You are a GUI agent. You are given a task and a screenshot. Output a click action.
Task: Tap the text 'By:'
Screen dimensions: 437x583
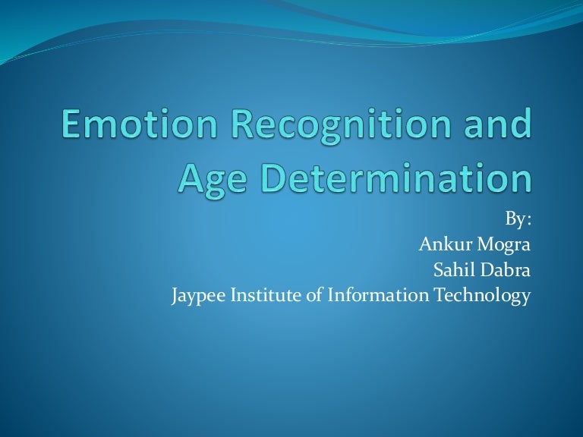518,220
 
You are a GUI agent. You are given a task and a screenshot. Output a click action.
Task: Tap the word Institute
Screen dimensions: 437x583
269,295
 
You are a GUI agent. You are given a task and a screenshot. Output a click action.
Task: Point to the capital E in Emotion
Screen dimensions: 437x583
71,125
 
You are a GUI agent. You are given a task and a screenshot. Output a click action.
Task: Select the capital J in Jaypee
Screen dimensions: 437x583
177,296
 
